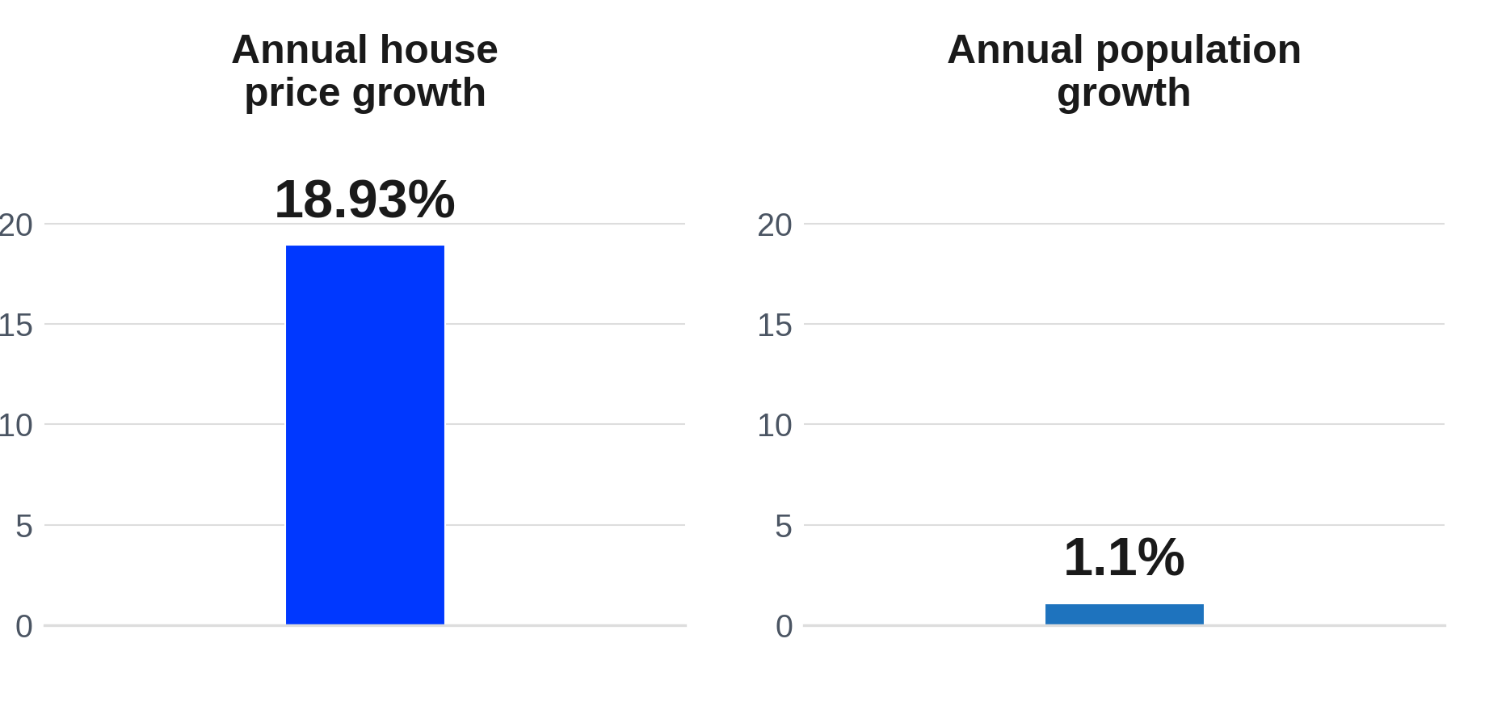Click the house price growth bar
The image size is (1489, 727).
click(365, 435)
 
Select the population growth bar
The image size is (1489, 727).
click(1125, 614)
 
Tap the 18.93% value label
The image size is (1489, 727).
click(365, 199)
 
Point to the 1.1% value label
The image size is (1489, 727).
click(1125, 557)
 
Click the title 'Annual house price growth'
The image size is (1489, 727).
click(365, 71)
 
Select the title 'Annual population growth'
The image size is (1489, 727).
click(1125, 71)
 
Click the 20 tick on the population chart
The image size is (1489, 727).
click(775, 225)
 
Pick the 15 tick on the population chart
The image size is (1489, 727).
click(775, 326)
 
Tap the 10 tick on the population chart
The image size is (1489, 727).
click(775, 426)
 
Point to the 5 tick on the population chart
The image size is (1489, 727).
click(784, 527)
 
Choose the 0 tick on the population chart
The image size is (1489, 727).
click(784, 627)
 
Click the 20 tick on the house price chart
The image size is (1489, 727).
click(16, 225)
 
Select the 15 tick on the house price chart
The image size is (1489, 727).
click(16, 326)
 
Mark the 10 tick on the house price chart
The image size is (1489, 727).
click(16, 426)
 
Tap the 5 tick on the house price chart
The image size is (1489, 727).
click(24, 527)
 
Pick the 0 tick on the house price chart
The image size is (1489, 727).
click(24, 627)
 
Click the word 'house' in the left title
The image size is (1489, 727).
click(439, 50)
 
